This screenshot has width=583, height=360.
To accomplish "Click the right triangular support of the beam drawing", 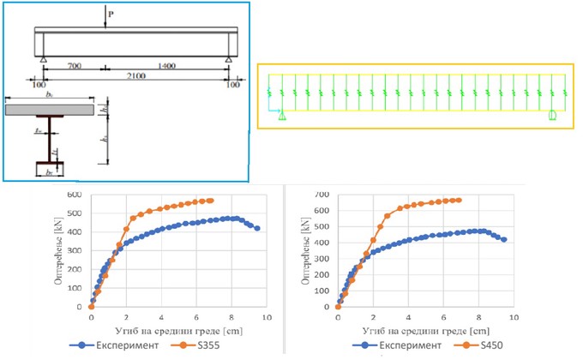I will coord(228,58).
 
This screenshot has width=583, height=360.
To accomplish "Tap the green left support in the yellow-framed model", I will coord(281,116).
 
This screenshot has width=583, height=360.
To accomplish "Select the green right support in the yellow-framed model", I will coord(552,115).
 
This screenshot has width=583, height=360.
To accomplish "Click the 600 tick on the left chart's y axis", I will coord(76,195).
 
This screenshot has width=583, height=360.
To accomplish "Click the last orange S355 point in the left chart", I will coord(210,201).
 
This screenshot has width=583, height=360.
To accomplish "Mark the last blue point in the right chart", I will coord(504,240).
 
